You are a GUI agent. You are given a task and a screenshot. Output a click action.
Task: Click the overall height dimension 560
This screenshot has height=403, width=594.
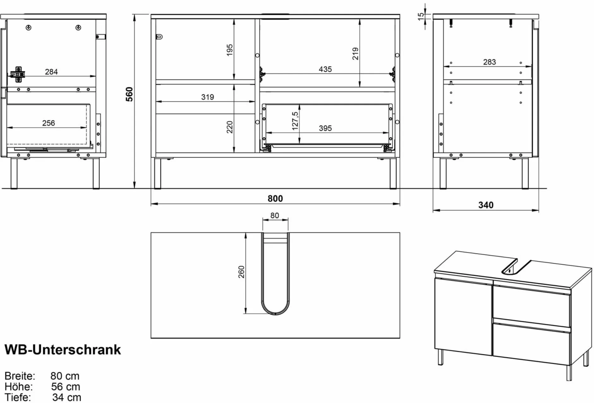point(130,94)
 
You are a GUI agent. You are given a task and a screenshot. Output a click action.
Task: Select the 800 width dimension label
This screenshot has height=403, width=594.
point(275,198)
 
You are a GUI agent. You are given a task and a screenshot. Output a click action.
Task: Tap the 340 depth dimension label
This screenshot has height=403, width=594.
point(486,205)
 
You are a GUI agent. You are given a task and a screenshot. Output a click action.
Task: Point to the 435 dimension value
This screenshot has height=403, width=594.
point(325,69)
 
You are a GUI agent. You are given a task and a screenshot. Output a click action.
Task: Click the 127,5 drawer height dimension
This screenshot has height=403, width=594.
point(295,121)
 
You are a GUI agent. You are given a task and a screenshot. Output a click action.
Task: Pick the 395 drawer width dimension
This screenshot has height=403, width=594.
point(325,128)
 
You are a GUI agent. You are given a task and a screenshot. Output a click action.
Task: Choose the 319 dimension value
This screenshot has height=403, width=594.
point(208,97)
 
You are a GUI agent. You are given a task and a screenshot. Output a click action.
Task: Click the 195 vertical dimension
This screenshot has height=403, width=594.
point(230,50)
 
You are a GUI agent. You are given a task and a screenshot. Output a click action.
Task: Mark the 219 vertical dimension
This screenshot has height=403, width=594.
point(356,54)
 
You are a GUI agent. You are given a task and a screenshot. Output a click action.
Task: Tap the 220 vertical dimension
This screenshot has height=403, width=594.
point(230,127)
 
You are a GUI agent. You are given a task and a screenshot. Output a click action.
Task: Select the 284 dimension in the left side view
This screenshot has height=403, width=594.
point(51,72)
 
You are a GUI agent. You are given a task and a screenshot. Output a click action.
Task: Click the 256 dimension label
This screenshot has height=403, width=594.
point(48,123)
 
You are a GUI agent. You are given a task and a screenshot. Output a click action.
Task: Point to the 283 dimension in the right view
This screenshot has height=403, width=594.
point(489,62)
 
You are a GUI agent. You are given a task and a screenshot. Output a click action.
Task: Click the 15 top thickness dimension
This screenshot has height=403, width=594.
point(421,17)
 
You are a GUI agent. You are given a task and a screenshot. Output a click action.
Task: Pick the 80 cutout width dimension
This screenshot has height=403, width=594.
point(275,215)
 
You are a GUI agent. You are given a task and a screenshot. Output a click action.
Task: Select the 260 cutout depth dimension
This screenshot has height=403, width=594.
point(241,272)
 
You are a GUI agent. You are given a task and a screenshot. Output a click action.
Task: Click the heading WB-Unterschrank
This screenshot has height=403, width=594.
point(63,350)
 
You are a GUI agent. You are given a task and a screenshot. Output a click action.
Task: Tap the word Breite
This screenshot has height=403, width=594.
point(20,376)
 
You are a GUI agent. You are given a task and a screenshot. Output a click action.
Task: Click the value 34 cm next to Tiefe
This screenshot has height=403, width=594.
point(67,397)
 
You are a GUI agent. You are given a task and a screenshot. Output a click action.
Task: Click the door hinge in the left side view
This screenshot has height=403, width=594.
point(18,73)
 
